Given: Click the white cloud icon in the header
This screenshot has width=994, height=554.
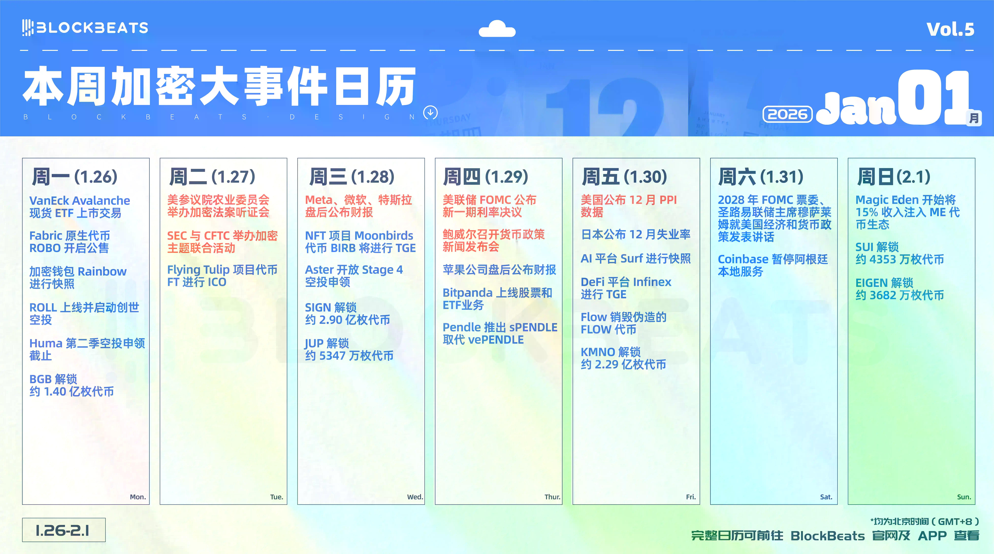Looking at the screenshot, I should click(497, 29).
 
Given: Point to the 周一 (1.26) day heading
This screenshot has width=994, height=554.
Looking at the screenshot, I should click(74, 177).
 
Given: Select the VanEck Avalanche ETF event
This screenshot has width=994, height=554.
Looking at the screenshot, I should click(80, 207).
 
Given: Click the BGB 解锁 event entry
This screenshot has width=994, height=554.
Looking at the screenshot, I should click(71, 385).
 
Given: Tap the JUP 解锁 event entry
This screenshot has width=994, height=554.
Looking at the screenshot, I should click(349, 349).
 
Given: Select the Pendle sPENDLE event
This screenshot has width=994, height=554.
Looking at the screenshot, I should click(500, 333).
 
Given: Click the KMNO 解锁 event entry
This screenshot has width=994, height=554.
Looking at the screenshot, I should click(623, 358).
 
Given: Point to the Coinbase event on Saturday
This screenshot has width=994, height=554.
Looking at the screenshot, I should click(772, 265).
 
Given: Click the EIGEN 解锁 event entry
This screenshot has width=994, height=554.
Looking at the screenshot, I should click(899, 289).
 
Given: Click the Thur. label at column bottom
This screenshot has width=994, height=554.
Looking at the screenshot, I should click(552, 497).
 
